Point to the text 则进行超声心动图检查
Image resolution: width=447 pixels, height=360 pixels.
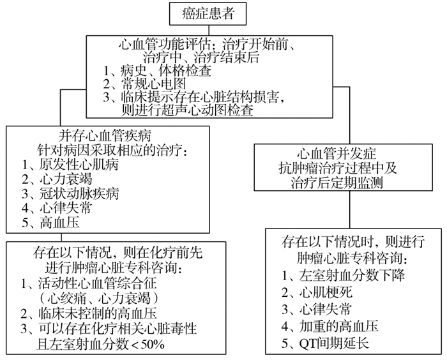click(x=186, y=110)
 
